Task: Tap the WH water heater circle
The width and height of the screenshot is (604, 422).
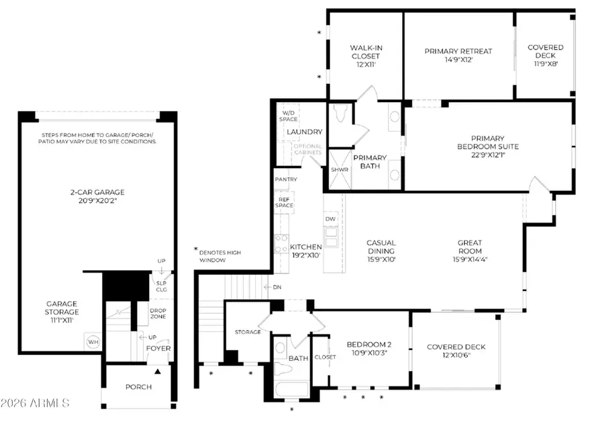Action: (93, 342)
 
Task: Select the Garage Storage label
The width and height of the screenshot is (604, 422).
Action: (62, 312)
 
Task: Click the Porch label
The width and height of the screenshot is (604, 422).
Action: (138, 387)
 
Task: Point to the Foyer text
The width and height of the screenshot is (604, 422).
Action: (158, 349)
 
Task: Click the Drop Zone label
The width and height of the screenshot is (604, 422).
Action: (158, 312)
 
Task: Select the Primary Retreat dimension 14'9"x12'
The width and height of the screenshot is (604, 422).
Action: (458, 60)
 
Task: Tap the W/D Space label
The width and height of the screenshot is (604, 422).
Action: (289, 116)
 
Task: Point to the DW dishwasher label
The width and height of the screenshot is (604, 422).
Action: (330, 219)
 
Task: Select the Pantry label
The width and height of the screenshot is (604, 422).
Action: (286, 179)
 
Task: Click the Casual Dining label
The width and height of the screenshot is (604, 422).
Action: (381, 247)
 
